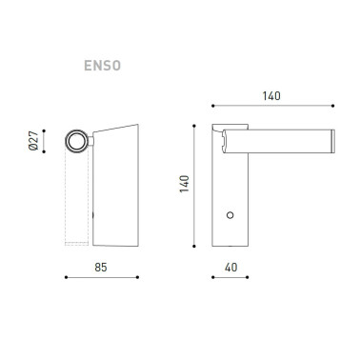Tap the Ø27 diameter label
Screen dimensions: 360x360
(x=34, y=142)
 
